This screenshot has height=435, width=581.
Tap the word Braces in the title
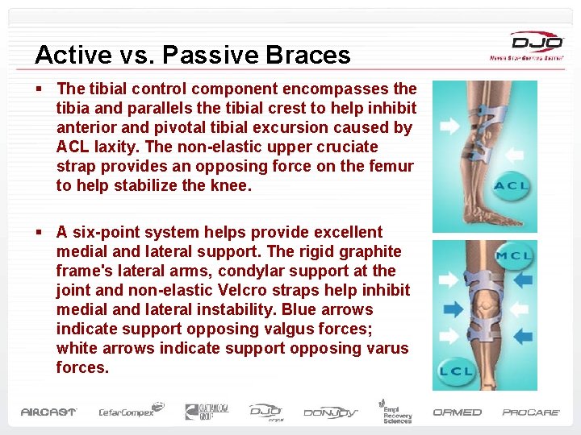tap(310, 55)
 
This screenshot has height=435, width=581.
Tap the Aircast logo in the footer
tap(48, 412)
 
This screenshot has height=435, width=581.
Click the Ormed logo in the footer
tap(457, 412)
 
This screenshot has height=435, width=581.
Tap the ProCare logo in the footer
tap(531, 412)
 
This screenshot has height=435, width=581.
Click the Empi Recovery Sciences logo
tap(396, 411)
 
